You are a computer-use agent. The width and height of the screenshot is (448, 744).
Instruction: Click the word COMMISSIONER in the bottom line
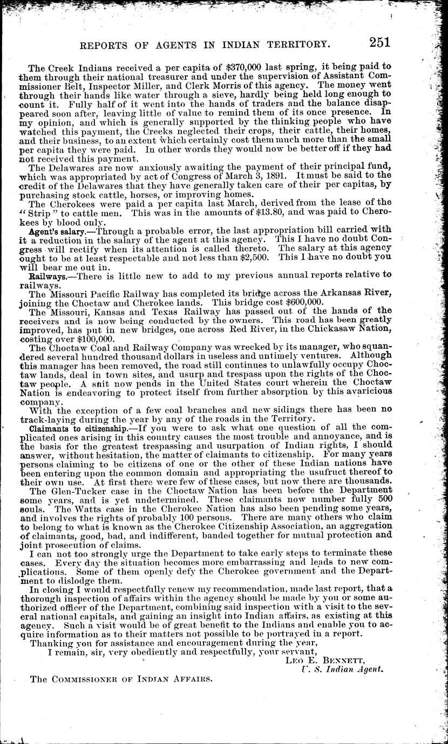click(x=92, y=680)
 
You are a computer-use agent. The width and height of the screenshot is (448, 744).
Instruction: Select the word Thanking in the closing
click(x=49, y=642)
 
